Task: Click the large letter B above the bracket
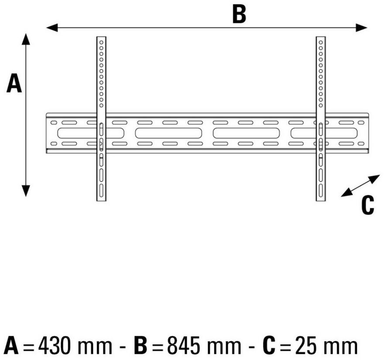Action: point(239,14)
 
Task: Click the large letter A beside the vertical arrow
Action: point(14,83)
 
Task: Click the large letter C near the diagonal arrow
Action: point(367,205)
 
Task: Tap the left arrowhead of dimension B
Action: point(52,28)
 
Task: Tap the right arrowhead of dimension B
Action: point(361,28)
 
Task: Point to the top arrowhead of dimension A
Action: point(26,39)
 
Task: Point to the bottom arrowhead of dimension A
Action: point(26,191)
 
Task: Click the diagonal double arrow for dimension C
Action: point(360,186)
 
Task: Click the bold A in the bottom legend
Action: point(11,346)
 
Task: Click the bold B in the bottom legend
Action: point(141,346)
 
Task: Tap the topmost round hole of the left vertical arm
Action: point(101,42)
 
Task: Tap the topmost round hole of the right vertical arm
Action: point(321,42)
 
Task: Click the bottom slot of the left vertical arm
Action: point(101,190)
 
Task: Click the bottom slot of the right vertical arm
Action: point(321,190)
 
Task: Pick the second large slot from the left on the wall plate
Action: point(168,133)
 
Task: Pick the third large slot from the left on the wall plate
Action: point(246,133)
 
